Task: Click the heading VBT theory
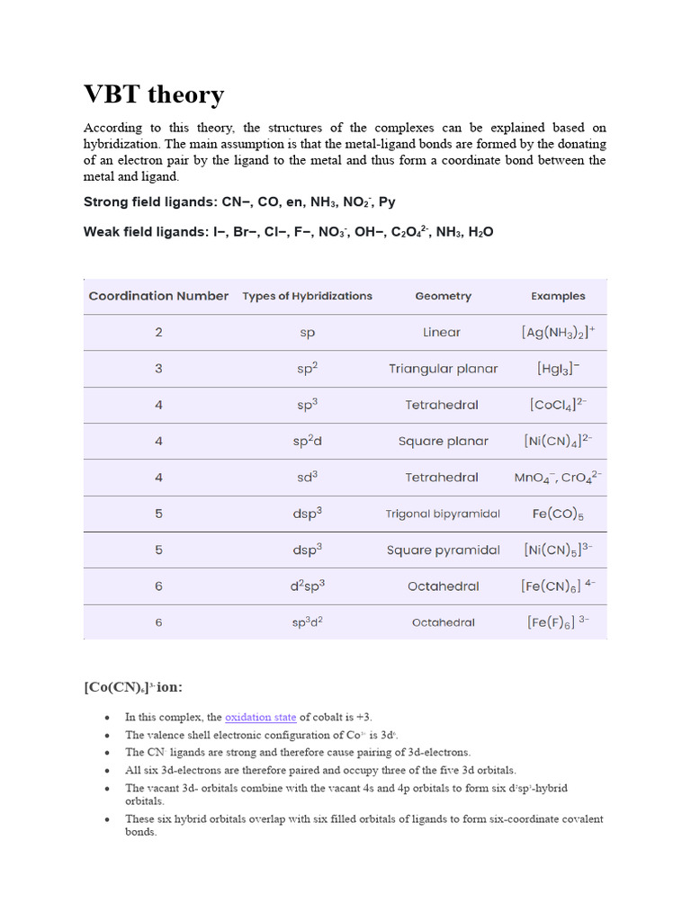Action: (x=154, y=94)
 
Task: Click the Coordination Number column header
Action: (x=158, y=296)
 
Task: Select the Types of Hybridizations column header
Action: (x=307, y=296)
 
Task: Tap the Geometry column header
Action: (x=443, y=296)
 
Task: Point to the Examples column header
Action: (x=558, y=296)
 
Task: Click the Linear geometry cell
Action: (x=442, y=332)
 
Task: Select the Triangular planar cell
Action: (x=443, y=369)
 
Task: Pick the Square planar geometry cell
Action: (x=443, y=442)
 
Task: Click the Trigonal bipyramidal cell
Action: (x=443, y=514)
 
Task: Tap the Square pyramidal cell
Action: (x=443, y=550)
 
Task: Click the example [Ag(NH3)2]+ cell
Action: (x=558, y=332)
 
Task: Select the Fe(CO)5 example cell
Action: (x=558, y=514)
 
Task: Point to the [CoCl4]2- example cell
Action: (x=558, y=405)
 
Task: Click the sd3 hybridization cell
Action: (x=308, y=478)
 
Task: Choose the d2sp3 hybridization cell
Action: (x=308, y=586)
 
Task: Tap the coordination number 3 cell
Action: (x=158, y=369)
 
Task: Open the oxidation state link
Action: (x=260, y=717)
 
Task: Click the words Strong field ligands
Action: (x=147, y=202)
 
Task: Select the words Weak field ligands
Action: (x=145, y=232)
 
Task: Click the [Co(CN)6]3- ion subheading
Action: (x=133, y=687)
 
